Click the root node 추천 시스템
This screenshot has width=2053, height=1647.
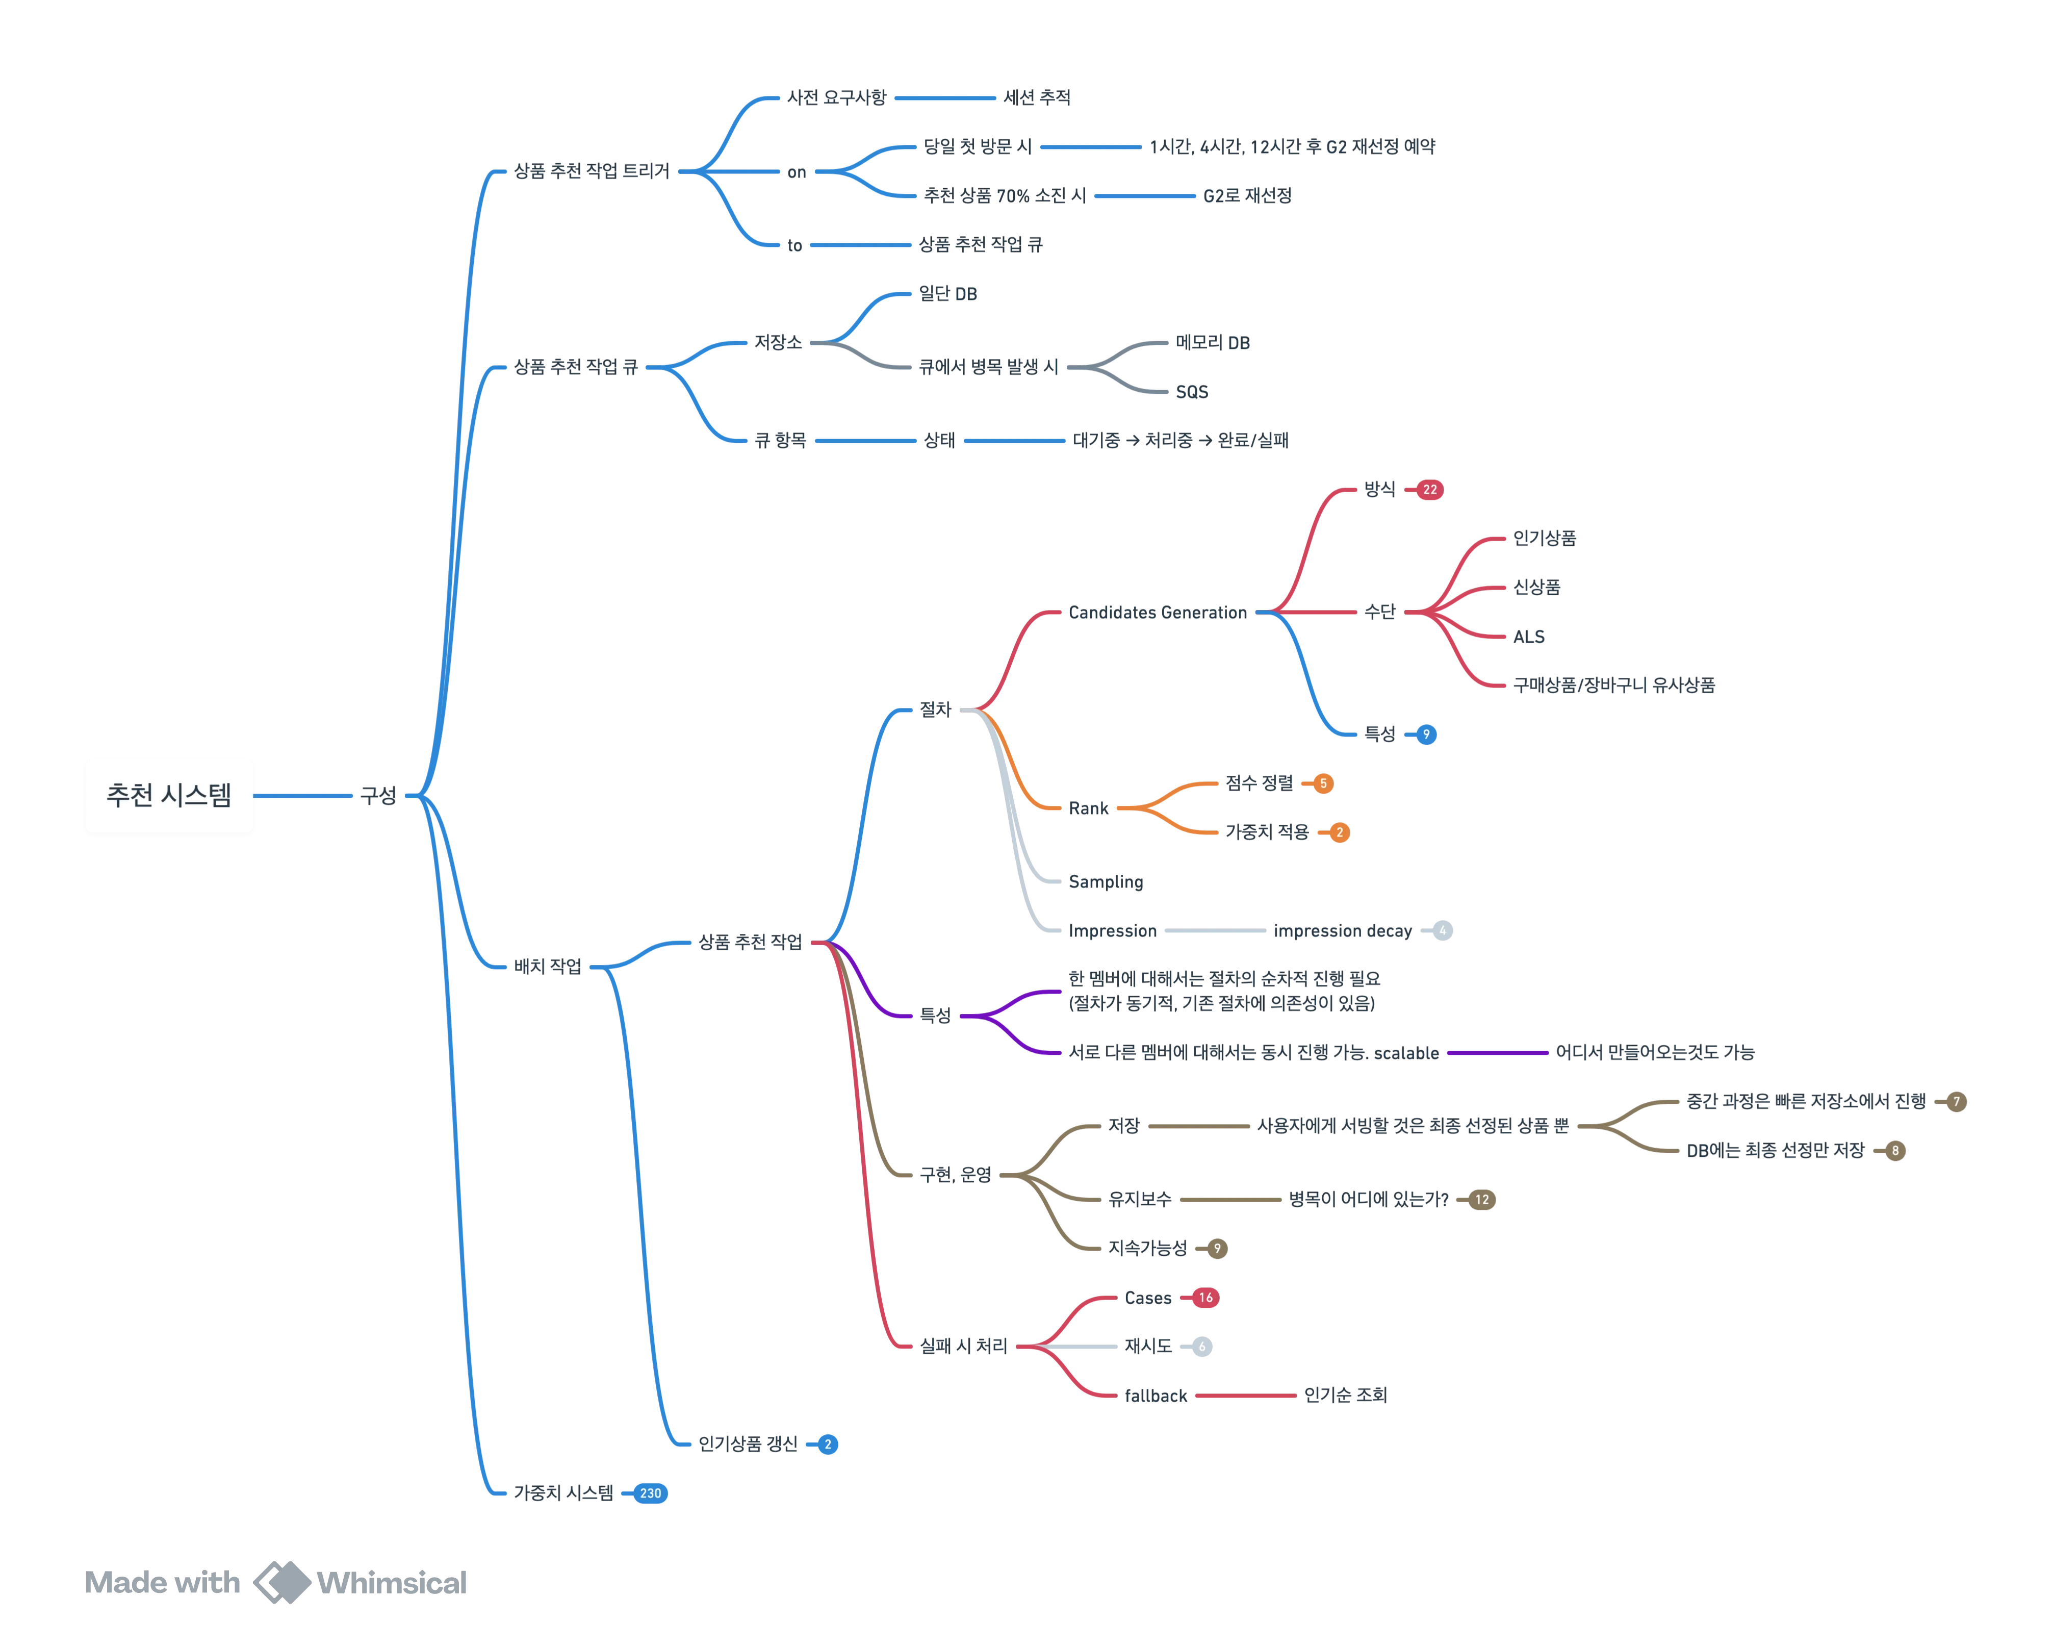pos(169,795)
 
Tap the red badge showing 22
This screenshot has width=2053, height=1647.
pos(1429,490)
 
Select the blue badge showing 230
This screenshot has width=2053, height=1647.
pos(650,1492)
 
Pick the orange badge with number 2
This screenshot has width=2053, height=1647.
pos(1339,832)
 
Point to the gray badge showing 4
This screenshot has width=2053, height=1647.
pos(1443,931)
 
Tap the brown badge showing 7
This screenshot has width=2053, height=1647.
pos(1957,1101)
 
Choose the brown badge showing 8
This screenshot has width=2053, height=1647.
pos(1895,1151)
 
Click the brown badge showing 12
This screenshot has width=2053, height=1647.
pos(1482,1199)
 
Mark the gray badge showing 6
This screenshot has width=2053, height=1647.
pos(1202,1346)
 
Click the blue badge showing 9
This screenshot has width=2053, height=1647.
pos(1425,734)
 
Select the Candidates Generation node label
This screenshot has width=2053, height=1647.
pos(1157,613)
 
